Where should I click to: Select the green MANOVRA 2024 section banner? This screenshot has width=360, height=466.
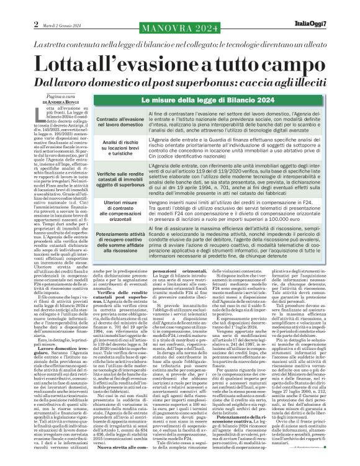coord(179,29)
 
